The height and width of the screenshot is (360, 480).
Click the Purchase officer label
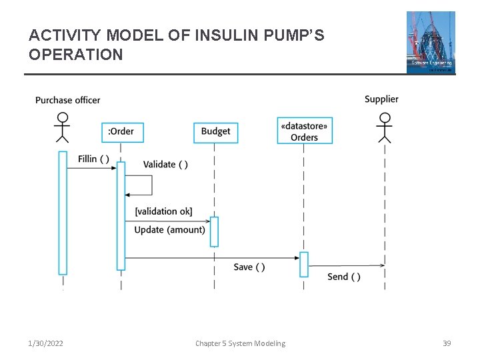[x=67, y=100]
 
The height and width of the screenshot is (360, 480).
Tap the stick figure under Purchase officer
[x=62, y=127]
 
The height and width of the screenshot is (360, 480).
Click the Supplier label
[x=381, y=99]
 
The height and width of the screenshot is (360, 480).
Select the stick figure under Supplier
[x=384, y=127]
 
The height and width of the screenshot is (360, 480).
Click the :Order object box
[x=121, y=131]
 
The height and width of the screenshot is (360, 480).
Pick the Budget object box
[x=215, y=131]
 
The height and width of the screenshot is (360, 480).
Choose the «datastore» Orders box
[x=305, y=131]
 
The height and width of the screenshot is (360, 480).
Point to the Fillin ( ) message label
[x=93, y=159]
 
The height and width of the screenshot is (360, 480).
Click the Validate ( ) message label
[x=165, y=164]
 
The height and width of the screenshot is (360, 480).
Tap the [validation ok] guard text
[x=163, y=211]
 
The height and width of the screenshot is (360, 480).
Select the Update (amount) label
[x=169, y=230]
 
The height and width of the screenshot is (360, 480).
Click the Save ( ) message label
[x=249, y=267]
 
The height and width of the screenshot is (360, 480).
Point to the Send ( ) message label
[x=344, y=277]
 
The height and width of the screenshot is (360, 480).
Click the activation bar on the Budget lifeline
[x=214, y=231]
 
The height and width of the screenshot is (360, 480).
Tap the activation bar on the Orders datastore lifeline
[x=304, y=264]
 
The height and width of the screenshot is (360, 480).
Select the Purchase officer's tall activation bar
[x=63, y=213]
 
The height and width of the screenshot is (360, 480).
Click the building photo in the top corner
[x=431, y=41]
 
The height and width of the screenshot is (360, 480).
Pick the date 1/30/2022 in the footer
[x=46, y=343]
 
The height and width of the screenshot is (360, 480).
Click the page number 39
[x=447, y=343]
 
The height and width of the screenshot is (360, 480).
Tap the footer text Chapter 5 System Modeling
[x=240, y=343]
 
